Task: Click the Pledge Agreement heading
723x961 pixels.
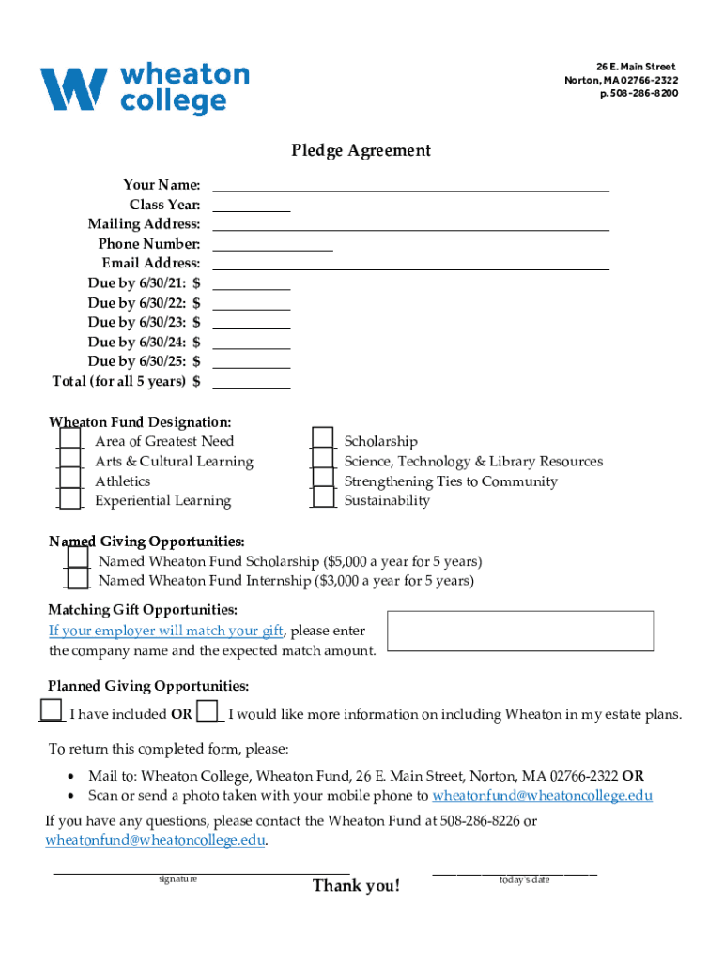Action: [x=361, y=150]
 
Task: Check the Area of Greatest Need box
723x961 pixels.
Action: [x=70, y=440]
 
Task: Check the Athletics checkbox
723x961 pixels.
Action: [x=70, y=480]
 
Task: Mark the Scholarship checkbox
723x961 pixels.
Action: [x=322, y=440]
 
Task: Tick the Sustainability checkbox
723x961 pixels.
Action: [x=322, y=499]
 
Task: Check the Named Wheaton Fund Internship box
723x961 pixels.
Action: [x=77, y=581]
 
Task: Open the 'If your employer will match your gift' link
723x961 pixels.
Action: [x=166, y=631]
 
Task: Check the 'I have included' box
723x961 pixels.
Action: [x=53, y=712]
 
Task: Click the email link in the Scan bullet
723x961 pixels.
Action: [x=542, y=796]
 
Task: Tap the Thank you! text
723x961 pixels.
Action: [x=356, y=886]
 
